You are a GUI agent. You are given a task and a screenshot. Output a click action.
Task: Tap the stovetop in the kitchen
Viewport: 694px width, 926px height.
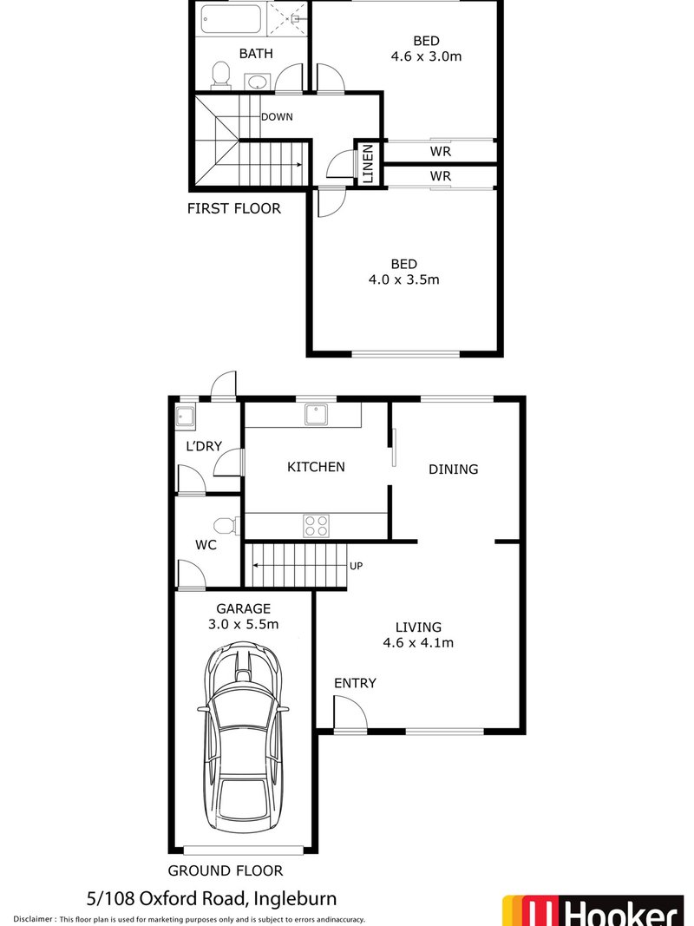[x=316, y=525]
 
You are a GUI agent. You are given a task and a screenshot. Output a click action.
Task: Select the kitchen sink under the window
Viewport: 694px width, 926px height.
[x=317, y=416]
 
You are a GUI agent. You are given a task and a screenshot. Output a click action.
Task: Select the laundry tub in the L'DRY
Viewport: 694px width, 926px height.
[x=186, y=418]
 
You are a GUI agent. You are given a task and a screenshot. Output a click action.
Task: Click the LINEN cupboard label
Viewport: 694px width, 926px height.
[x=368, y=162]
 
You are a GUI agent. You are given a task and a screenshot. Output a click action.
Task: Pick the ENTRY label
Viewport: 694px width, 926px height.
[x=356, y=683]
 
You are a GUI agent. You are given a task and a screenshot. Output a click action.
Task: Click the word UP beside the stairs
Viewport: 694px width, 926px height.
[x=355, y=566]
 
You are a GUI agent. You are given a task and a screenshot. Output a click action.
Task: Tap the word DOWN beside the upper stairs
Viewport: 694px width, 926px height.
[x=277, y=117]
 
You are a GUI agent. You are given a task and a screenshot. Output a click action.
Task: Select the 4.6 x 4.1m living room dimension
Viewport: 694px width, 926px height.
[x=418, y=643]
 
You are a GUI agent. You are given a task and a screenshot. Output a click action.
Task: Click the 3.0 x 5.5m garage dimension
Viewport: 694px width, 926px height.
[x=244, y=624]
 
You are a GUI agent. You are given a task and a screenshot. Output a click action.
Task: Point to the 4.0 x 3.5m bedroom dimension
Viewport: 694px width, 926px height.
[x=403, y=280]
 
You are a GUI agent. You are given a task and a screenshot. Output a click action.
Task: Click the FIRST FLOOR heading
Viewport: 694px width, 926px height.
[x=234, y=208]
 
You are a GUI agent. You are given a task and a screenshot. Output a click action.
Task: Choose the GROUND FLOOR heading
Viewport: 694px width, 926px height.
[x=226, y=870]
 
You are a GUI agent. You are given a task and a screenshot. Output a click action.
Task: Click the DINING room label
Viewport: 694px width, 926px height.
[x=453, y=469]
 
